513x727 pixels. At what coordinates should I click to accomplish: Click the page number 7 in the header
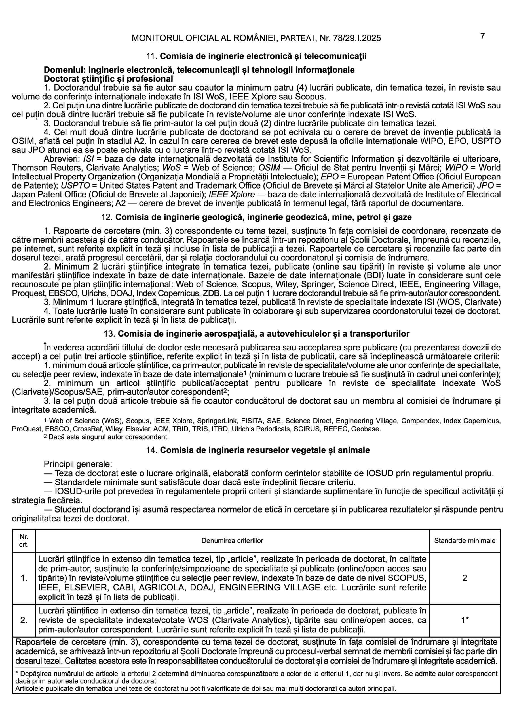click(x=482, y=37)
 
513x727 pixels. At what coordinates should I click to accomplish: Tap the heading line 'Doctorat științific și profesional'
click(x=108, y=79)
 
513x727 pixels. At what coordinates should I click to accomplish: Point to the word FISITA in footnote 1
click(x=252, y=421)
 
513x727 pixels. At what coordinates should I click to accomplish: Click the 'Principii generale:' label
click(x=77, y=465)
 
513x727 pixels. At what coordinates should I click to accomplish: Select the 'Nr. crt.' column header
click(x=24, y=540)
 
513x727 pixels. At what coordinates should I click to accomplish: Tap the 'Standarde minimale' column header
click(x=464, y=540)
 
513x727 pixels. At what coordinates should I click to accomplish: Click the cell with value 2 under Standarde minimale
click(x=464, y=578)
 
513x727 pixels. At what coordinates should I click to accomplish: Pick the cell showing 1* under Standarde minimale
click(x=464, y=620)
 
